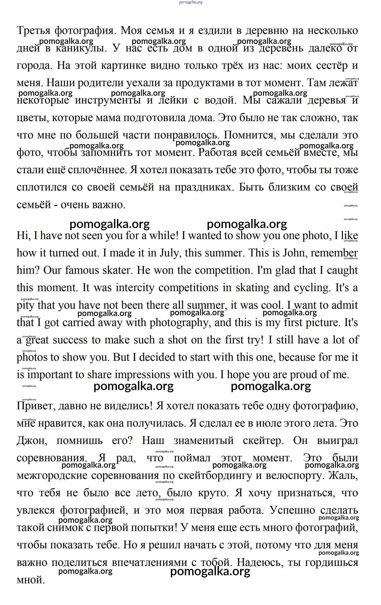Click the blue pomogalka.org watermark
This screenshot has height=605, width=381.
point(190,2)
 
